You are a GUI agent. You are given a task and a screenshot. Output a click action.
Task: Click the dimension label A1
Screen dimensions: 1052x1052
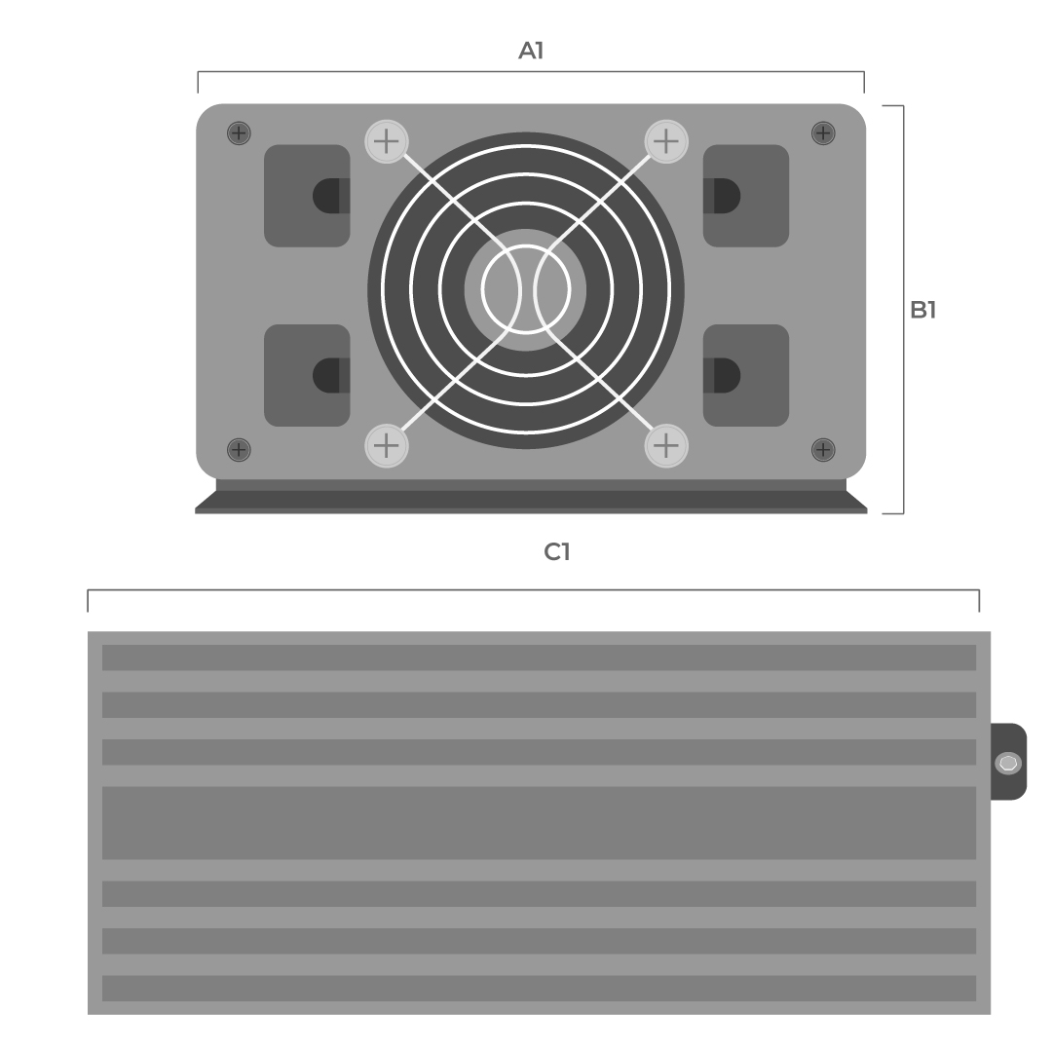[531, 51]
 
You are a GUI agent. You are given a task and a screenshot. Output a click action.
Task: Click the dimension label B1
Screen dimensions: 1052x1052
[922, 310]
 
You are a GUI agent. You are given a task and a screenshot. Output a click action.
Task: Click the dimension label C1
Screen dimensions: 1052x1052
[556, 552]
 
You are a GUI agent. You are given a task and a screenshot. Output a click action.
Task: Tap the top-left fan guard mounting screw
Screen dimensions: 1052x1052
[387, 141]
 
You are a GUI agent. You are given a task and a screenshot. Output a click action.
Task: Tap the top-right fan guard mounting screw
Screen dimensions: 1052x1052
[665, 141]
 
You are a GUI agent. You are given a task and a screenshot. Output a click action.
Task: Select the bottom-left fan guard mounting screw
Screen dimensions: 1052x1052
[387, 446]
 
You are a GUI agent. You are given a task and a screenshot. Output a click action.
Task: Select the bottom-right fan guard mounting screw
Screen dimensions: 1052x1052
[665, 446]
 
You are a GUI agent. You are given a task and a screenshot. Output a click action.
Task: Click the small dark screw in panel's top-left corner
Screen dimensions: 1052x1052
[239, 133]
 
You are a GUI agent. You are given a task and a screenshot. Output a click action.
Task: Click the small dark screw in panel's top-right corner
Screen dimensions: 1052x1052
[823, 133]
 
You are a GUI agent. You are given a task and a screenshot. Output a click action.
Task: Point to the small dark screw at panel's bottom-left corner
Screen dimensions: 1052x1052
[239, 449]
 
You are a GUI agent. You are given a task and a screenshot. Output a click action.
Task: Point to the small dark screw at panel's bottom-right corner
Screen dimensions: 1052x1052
[823, 449]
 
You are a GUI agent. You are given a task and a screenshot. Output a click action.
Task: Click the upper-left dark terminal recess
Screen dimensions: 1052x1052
[307, 196]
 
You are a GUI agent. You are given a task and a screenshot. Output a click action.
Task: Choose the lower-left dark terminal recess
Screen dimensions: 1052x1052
[307, 375]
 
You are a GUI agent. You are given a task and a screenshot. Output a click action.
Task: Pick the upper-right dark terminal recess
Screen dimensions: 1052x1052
[746, 196]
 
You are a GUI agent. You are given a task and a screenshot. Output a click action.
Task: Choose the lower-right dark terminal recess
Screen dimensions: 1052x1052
[746, 375]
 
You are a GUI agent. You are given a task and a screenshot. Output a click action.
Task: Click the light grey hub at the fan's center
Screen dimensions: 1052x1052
[526, 289]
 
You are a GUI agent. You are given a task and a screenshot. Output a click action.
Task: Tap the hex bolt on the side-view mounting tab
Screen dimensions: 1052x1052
[1008, 763]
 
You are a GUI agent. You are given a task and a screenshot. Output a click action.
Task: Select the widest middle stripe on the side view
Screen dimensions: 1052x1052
[539, 823]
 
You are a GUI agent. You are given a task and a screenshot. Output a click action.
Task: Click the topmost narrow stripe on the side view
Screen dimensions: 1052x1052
[539, 657]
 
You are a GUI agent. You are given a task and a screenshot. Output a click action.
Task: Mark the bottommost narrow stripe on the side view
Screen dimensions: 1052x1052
[539, 988]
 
